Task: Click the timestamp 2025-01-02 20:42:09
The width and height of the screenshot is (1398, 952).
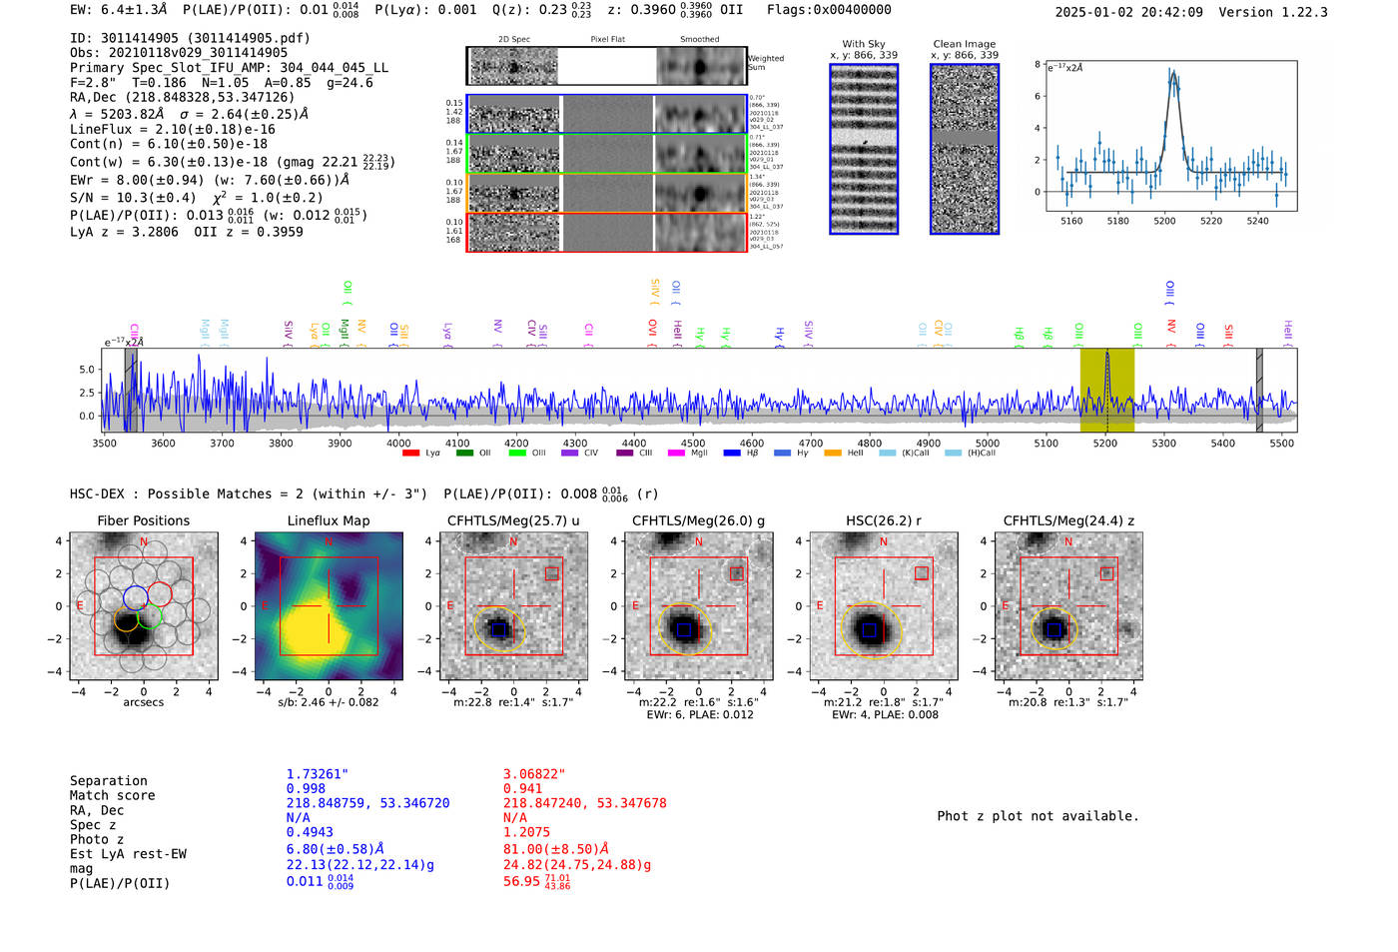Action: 1128,12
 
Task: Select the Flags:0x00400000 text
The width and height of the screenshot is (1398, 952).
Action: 829,10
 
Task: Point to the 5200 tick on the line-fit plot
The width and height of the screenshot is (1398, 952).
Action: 1164,221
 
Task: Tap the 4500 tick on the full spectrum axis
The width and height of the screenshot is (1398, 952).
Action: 692,443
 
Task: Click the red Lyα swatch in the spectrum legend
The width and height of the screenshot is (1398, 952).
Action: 410,454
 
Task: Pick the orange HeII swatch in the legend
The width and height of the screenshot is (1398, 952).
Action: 833,454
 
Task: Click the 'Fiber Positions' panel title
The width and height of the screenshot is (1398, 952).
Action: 143,520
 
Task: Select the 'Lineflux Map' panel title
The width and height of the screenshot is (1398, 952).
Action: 329,520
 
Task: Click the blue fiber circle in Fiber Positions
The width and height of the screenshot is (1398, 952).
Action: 135,597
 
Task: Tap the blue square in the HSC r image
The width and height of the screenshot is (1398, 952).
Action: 869,630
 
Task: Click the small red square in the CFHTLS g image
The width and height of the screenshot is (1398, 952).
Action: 737,573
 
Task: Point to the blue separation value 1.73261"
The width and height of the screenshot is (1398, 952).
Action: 318,774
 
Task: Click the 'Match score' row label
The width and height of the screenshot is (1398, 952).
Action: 112,796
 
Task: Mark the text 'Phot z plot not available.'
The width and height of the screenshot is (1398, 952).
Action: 1038,816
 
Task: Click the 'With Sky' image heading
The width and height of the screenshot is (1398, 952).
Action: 864,44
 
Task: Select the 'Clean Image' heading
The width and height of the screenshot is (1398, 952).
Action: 964,44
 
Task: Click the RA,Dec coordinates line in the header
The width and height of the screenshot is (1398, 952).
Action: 183,98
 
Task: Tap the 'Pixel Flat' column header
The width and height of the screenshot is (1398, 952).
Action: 607,40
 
